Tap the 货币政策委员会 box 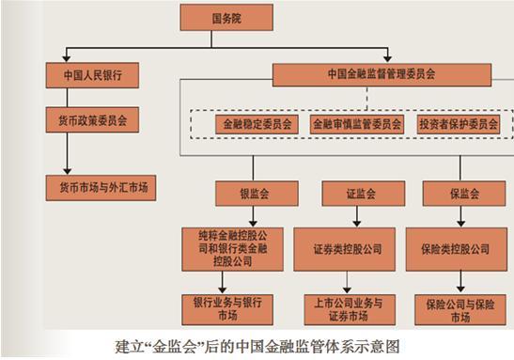(x=91, y=119)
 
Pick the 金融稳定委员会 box (x=256, y=123)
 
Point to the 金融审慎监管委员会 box (x=356, y=123)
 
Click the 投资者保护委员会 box (x=459, y=123)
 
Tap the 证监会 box (x=349, y=195)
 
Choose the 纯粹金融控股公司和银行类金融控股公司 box (x=229, y=248)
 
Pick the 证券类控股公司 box (x=349, y=249)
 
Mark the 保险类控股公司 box (x=455, y=249)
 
